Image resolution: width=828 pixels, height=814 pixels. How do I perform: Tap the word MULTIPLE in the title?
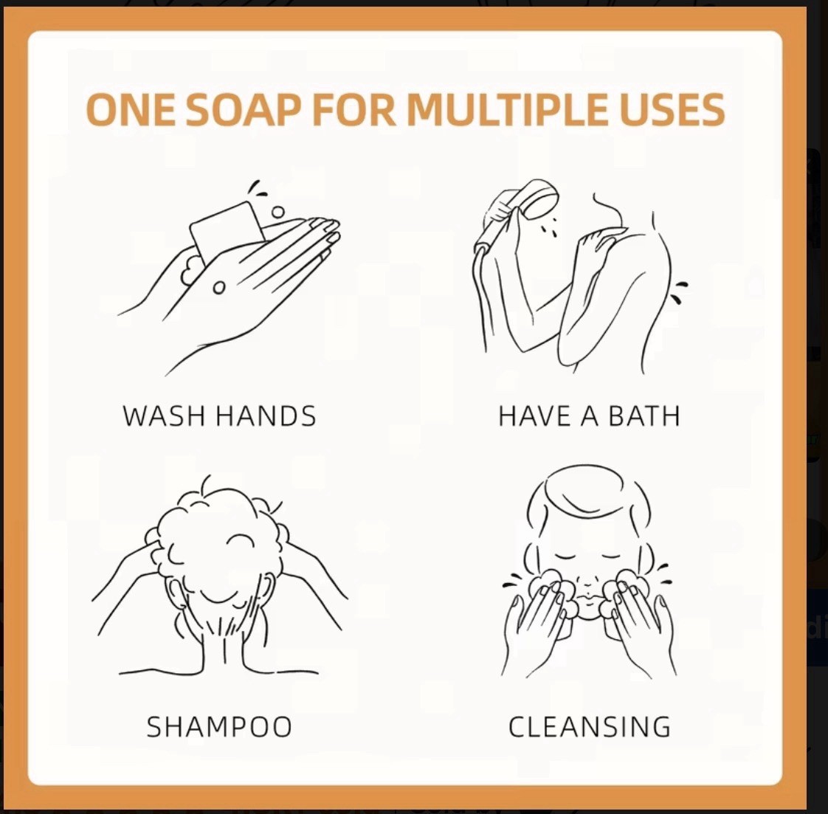[506, 109]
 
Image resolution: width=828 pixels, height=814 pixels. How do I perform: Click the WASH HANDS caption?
[219, 415]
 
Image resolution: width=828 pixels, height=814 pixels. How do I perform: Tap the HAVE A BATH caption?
[589, 415]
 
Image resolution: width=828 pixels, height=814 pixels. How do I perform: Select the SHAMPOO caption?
[219, 726]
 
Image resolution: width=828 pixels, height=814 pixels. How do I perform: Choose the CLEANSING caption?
[590, 726]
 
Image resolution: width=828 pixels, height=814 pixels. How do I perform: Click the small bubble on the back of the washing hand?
[218, 288]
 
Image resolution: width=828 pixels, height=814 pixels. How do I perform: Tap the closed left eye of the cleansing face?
[565, 556]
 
